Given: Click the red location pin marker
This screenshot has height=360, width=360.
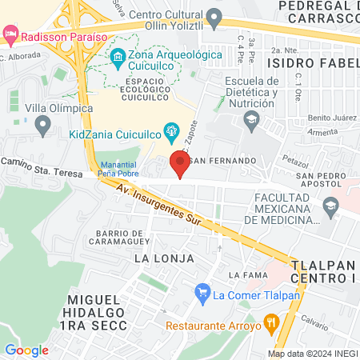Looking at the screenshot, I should click(180, 165).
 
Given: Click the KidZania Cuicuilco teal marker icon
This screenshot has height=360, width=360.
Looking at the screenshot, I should click(170, 130).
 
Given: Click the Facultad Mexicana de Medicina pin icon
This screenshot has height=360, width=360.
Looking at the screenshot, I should click(330, 208).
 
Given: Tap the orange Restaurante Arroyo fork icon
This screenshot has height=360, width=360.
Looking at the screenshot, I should click(271, 324).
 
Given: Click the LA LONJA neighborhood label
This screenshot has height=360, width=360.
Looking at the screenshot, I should click(164, 258).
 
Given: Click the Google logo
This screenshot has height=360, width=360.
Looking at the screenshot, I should click(26, 350).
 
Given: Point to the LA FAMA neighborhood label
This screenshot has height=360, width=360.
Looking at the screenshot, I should click(245, 275).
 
